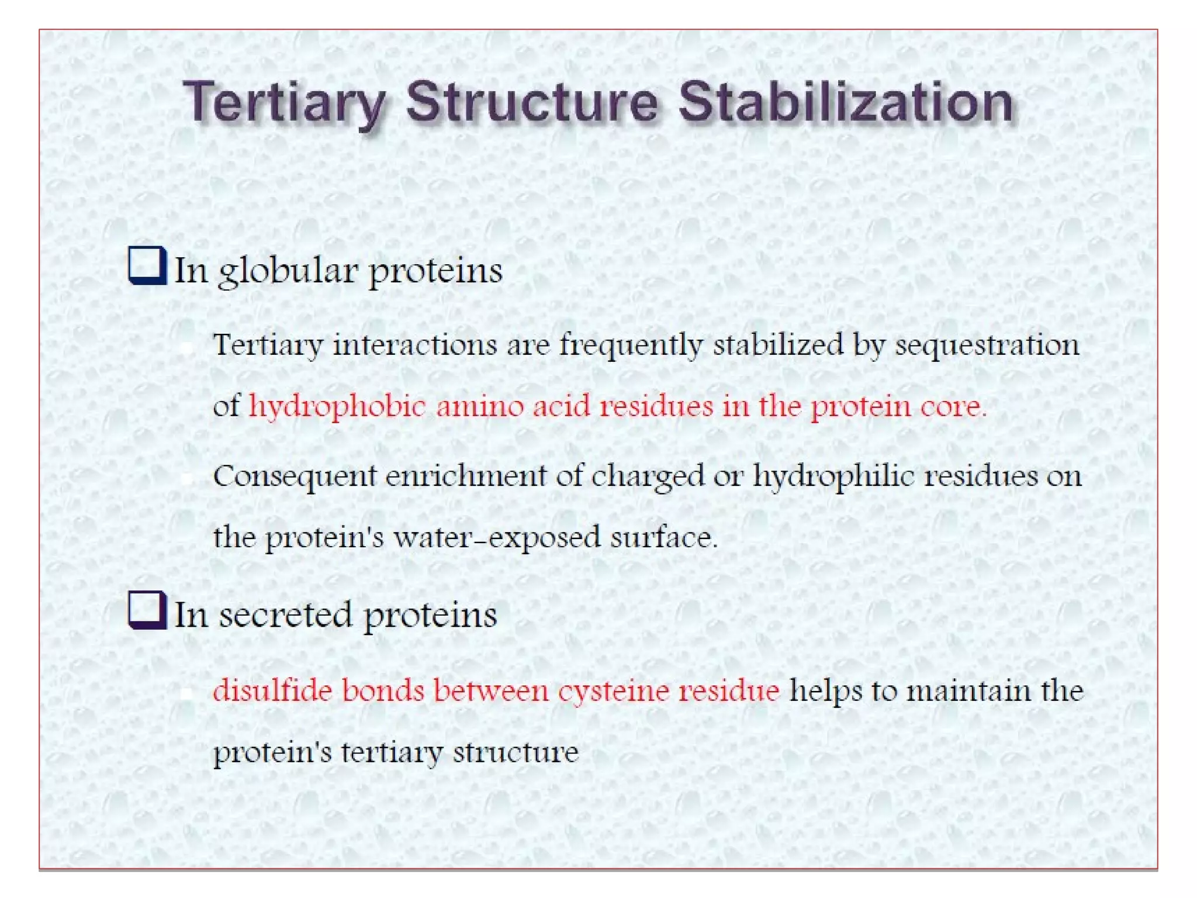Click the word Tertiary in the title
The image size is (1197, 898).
[x=284, y=103]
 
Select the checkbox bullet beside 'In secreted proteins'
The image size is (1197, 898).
[x=146, y=610]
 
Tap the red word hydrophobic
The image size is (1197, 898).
[x=337, y=406]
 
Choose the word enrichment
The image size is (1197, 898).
[x=465, y=476]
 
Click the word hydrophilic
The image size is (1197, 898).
[x=833, y=476]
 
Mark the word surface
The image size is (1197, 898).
[x=663, y=537]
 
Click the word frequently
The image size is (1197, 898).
[x=631, y=345]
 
